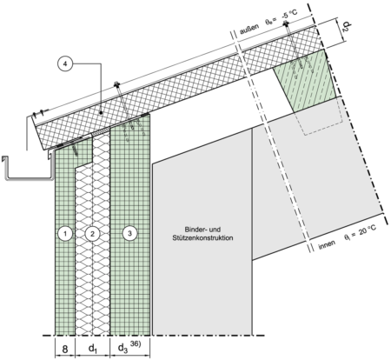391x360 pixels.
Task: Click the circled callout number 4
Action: click(x=65, y=64)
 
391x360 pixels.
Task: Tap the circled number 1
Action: click(x=65, y=234)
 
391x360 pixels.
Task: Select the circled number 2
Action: click(x=92, y=234)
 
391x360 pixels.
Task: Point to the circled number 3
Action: click(x=129, y=234)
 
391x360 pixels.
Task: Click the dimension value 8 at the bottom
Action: click(x=65, y=350)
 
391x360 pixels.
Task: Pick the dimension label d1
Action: click(x=92, y=350)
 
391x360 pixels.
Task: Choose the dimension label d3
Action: click(x=122, y=349)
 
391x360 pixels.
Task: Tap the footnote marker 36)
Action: click(x=136, y=344)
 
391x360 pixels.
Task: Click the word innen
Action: click(x=327, y=244)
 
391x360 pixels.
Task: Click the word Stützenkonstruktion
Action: click(x=202, y=238)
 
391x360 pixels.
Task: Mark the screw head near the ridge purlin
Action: click(x=286, y=23)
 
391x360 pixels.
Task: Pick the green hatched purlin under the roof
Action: click(x=305, y=80)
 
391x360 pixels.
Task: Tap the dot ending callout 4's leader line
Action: click(x=101, y=112)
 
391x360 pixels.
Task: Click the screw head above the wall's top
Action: click(x=116, y=84)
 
